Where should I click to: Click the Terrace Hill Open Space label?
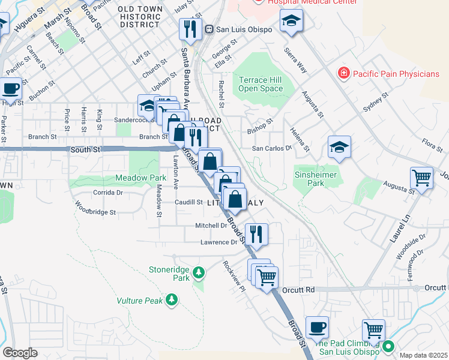click(x=261, y=84)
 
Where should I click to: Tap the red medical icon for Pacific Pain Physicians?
click(x=343, y=74)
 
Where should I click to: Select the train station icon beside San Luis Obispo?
click(x=209, y=29)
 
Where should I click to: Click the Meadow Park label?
click(x=140, y=178)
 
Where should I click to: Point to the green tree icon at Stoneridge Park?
click(x=199, y=274)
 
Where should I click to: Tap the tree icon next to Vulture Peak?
click(x=172, y=299)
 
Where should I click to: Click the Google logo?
click(x=20, y=353)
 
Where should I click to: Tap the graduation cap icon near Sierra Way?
click(x=291, y=21)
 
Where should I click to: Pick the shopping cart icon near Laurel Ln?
click(x=422, y=178)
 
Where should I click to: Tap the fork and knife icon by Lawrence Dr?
click(x=256, y=235)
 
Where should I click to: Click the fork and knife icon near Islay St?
click(x=190, y=28)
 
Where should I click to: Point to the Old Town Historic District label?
click(x=139, y=17)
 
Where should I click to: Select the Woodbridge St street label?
click(x=95, y=212)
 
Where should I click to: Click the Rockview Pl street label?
click(x=235, y=275)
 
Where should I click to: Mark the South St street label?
click(x=82, y=149)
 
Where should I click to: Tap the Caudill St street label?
click(x=188, y=202)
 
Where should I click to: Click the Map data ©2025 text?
click(x=423, y=355)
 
